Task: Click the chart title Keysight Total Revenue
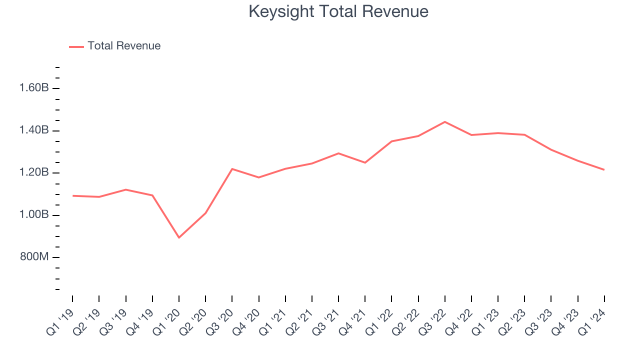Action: (338, 12)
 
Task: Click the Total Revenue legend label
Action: (124, 46)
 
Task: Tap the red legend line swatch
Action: (76, 46)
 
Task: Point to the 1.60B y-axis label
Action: (34, 88)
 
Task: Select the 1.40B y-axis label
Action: (34, 130)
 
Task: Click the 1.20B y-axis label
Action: (34, 173)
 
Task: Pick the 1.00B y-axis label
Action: (34, 215)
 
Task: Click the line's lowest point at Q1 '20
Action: (179, 237)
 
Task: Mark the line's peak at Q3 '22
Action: (445, 122)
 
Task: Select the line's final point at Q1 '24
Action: (604, 170)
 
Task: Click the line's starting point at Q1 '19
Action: (73, 195)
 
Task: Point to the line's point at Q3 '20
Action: (232, 169)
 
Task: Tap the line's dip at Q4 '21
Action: (365, 162)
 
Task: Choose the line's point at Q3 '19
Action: (126, 189)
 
